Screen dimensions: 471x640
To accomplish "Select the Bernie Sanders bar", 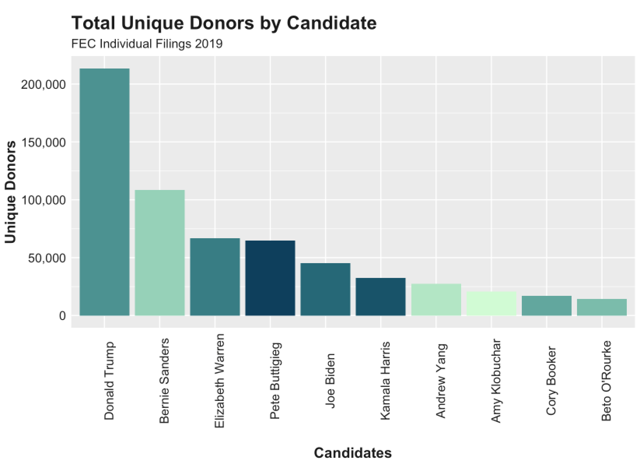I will [x=159, y=253].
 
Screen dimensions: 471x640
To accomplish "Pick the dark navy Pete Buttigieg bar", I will [x=270, y=278].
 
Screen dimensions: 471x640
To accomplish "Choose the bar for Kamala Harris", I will [x=381, y=297].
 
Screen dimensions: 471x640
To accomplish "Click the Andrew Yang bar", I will [x=436, y=300].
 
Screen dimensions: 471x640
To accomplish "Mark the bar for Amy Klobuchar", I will [x=491, y=304].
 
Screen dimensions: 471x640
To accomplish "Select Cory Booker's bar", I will [x=546, y=306].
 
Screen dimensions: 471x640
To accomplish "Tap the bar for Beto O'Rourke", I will [x=602, y=307].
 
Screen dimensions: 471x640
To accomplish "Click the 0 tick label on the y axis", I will [x=62, y=316].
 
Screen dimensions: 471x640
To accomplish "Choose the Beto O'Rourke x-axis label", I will [x=607, y=381].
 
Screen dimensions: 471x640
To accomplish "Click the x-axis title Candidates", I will [x=353, y=453].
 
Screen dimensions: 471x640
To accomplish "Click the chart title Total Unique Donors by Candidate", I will [x=224, y=23].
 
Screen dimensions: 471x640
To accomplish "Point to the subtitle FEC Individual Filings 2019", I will [x=147, y=44].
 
